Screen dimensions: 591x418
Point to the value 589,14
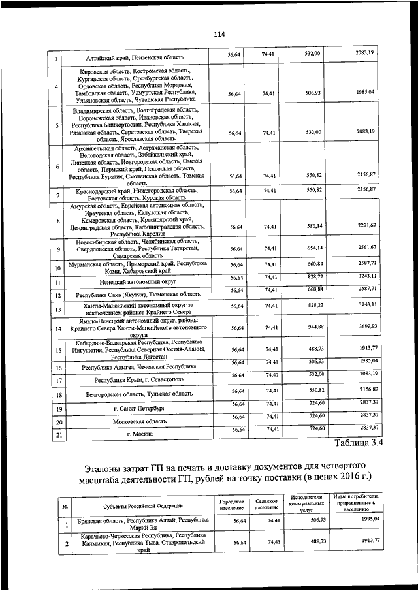315,226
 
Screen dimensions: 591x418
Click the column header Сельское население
266,505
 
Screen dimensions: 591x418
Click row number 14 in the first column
57,328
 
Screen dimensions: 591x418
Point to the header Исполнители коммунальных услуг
308,505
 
